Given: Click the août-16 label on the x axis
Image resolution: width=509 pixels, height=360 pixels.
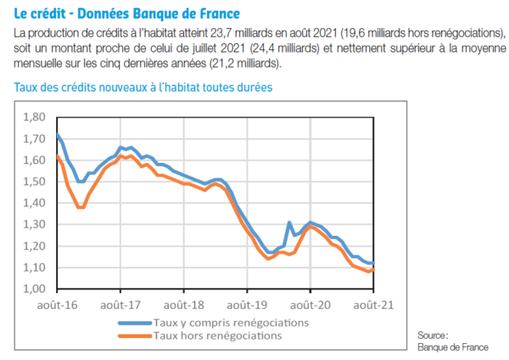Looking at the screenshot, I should point(58,304).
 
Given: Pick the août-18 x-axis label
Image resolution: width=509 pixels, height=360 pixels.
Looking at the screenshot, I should point(183,304).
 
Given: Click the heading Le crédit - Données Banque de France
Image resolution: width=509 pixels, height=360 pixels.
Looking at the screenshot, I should point(126,14).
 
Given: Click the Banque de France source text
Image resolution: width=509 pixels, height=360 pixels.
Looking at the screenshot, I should point(452,347).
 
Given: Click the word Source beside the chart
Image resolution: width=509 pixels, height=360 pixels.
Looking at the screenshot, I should point(433,335).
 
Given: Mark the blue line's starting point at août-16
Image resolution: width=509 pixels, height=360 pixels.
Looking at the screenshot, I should point(57,133).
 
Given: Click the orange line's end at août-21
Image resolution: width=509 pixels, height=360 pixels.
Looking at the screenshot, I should point(373,268).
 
